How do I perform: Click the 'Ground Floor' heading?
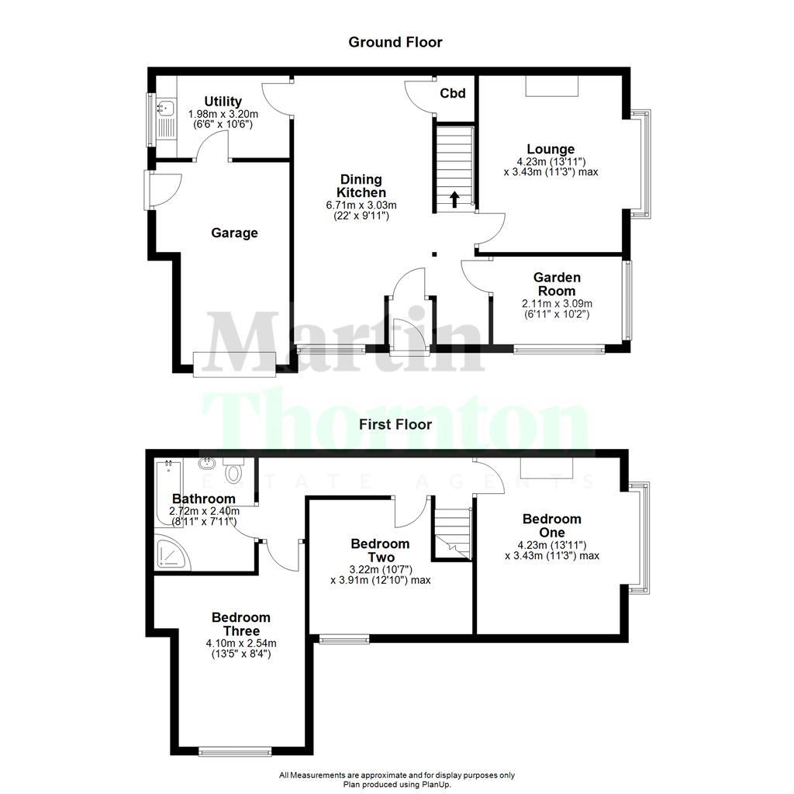[395, 42]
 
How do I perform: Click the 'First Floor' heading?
[395, 424]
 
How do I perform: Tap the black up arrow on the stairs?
[454, 199]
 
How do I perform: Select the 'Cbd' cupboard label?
[453, 94]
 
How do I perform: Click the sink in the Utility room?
[165, 109]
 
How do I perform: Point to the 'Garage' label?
[234, 233]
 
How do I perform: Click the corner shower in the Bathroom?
[169, 552]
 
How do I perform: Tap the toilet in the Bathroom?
[233, 471]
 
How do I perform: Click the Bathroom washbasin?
[207, 464]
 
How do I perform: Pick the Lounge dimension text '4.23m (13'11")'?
[551, 162]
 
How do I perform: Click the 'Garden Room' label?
[557, 284]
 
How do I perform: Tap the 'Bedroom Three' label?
[241, 624]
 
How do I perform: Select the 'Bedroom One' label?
[551, 526]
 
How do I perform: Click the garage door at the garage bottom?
[235, 364]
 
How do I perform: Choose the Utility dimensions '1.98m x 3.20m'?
[223, 114]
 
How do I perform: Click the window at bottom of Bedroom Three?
[235, 751]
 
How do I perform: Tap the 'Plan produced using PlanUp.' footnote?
[396, 785]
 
